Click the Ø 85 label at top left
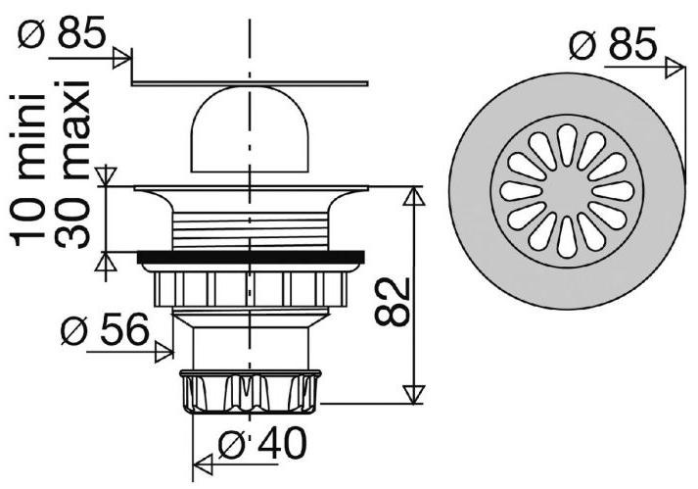coord(62,32)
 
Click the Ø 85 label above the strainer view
coord(613,44)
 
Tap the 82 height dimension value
coord(392,302)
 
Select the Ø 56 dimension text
coord(105,329)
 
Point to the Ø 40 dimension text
coord(263,443)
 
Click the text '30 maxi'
coord(72,164)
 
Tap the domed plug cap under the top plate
coord(250,129)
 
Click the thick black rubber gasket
coord(251,257)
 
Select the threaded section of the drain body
coord(251,230)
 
